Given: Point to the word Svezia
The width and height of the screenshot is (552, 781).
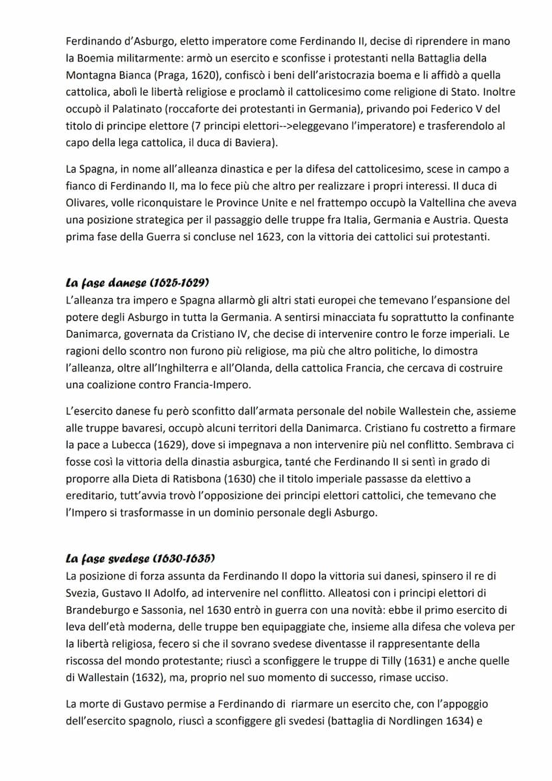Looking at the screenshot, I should tap(82, 592).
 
